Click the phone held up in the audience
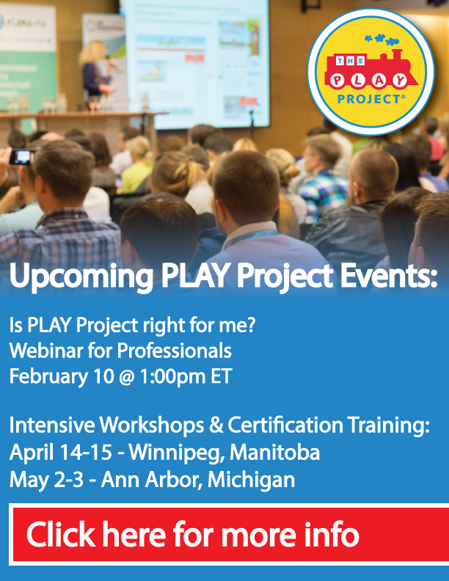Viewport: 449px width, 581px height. click(22, 157)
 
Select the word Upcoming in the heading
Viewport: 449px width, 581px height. click(81, 276)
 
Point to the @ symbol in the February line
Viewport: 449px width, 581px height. click(126, 377)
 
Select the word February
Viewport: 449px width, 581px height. click(48, 377)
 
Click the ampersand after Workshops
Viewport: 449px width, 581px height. click(216, 425)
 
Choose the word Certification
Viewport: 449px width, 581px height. click(285, 425)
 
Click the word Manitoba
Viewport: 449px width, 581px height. click(274, 453)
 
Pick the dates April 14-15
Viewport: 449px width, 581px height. click(60, 453)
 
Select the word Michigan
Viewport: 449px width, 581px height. click(251, 480)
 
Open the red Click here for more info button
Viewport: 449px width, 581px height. click(230, 534)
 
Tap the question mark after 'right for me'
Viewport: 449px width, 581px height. click(250, 325)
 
